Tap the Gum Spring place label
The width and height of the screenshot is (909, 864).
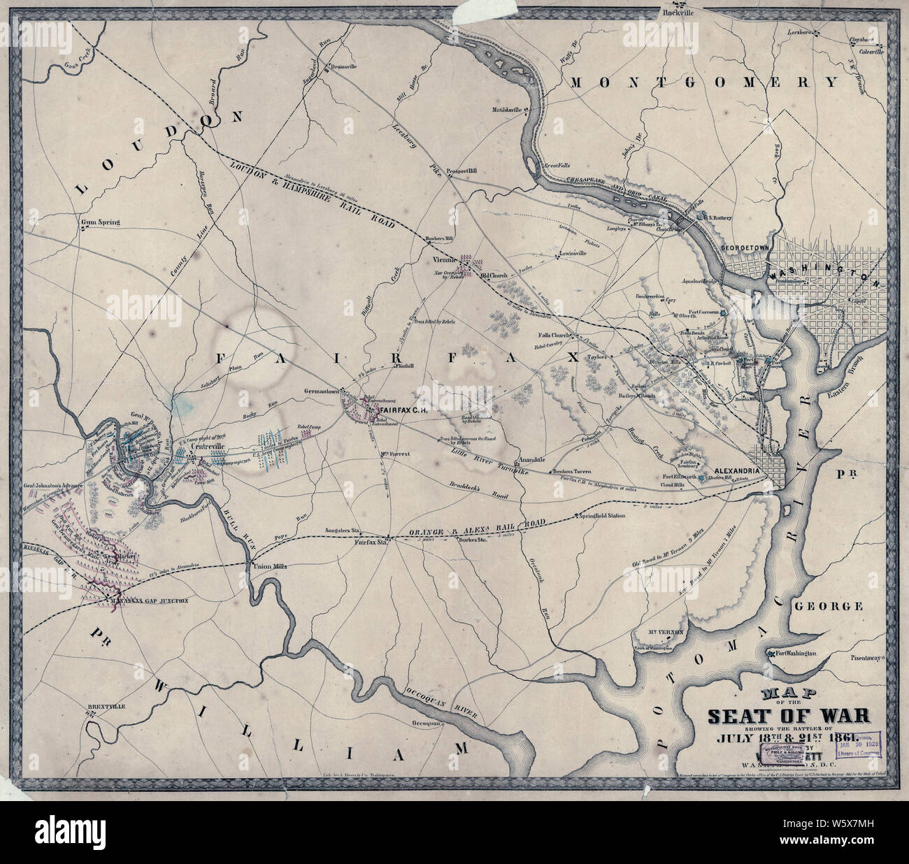[x=101, y=223]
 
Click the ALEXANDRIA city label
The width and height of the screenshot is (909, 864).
[x=735, y=472]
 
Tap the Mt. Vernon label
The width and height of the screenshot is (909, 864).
[x=665, y=632]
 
